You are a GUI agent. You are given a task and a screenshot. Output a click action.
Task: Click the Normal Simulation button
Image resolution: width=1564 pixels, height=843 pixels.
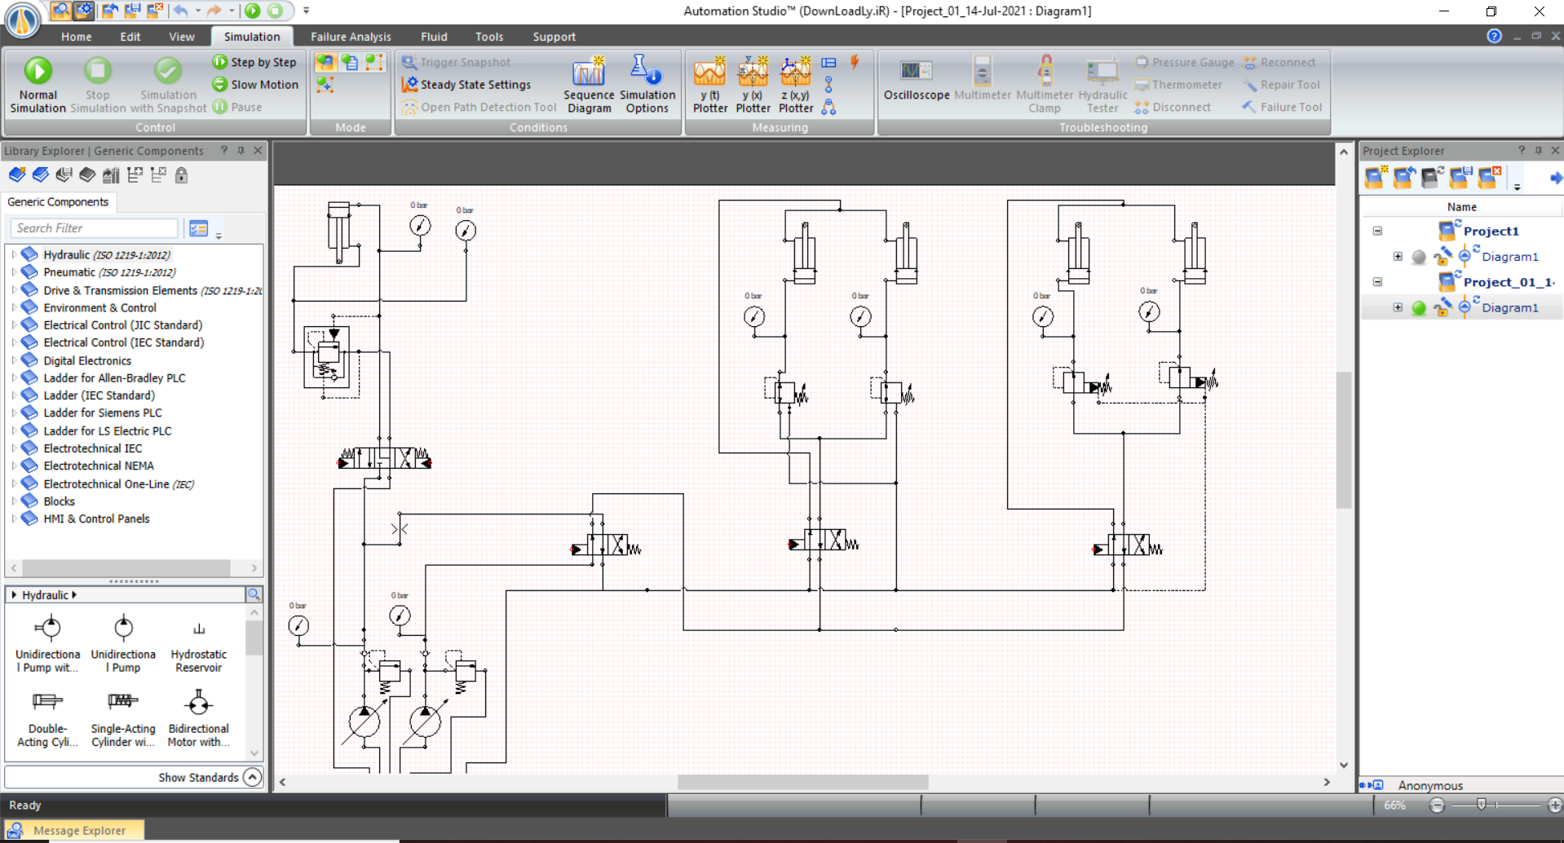tap(38, 83)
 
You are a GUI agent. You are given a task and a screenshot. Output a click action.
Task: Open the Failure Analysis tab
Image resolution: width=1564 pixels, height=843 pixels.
tap(351, 37)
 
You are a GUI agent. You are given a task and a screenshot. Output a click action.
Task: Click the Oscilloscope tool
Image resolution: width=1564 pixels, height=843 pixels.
tap(916, 81)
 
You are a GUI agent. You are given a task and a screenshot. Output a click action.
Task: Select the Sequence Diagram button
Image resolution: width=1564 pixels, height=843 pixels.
tap(588, 85)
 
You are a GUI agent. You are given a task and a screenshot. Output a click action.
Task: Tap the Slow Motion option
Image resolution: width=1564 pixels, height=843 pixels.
tap(263, 85)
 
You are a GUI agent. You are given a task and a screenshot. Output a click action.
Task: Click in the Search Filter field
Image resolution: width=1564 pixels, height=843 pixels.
tap(94, 228)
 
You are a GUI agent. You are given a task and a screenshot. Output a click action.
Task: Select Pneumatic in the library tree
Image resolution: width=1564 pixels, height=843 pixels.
tap(69, 272)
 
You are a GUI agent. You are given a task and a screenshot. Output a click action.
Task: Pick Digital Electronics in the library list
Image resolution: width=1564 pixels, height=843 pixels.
tap(87, 360)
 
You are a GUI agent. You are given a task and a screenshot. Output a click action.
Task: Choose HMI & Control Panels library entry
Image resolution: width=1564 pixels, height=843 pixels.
tap(96, 519)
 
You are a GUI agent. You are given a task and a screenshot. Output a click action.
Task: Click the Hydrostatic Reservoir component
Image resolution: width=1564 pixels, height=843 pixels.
tap(198, 644)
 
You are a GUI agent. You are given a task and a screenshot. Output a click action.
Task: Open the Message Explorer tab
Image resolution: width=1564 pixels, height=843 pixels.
tap(79, 831)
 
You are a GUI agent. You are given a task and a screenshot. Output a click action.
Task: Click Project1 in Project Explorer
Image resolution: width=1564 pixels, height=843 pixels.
tap(1490, 231)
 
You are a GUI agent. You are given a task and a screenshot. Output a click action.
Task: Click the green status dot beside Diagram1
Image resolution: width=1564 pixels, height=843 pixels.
tap(1419, 307)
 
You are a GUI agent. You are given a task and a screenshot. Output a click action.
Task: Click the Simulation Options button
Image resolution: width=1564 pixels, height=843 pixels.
tap(647, 85)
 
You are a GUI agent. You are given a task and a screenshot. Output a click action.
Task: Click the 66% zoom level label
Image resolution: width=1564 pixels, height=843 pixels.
tap(1394, 805)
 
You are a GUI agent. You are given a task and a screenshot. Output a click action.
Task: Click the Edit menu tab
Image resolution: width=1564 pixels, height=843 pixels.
tap(130, 37)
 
